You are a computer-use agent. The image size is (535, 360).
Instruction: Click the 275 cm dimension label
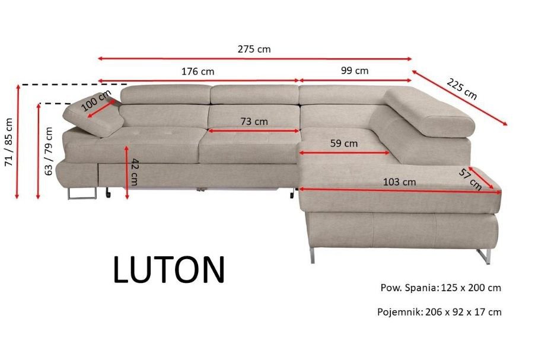click(254, 49)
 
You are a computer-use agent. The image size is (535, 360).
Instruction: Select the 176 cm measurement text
click(198, 71)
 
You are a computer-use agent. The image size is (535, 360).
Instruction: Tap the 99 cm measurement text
click(355, 71)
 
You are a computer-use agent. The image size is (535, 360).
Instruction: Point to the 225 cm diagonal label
click(461, 88)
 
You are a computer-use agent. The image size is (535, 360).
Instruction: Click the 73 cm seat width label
click(254, 122)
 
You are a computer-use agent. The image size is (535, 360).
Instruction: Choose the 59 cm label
click(344, 143)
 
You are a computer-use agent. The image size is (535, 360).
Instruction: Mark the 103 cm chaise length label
click(400, 181)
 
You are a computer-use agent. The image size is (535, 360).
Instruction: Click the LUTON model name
click(169, 270)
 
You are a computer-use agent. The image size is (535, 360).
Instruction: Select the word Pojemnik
click(399, 311)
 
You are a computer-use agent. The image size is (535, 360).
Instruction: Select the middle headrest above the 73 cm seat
click(254, 94)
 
